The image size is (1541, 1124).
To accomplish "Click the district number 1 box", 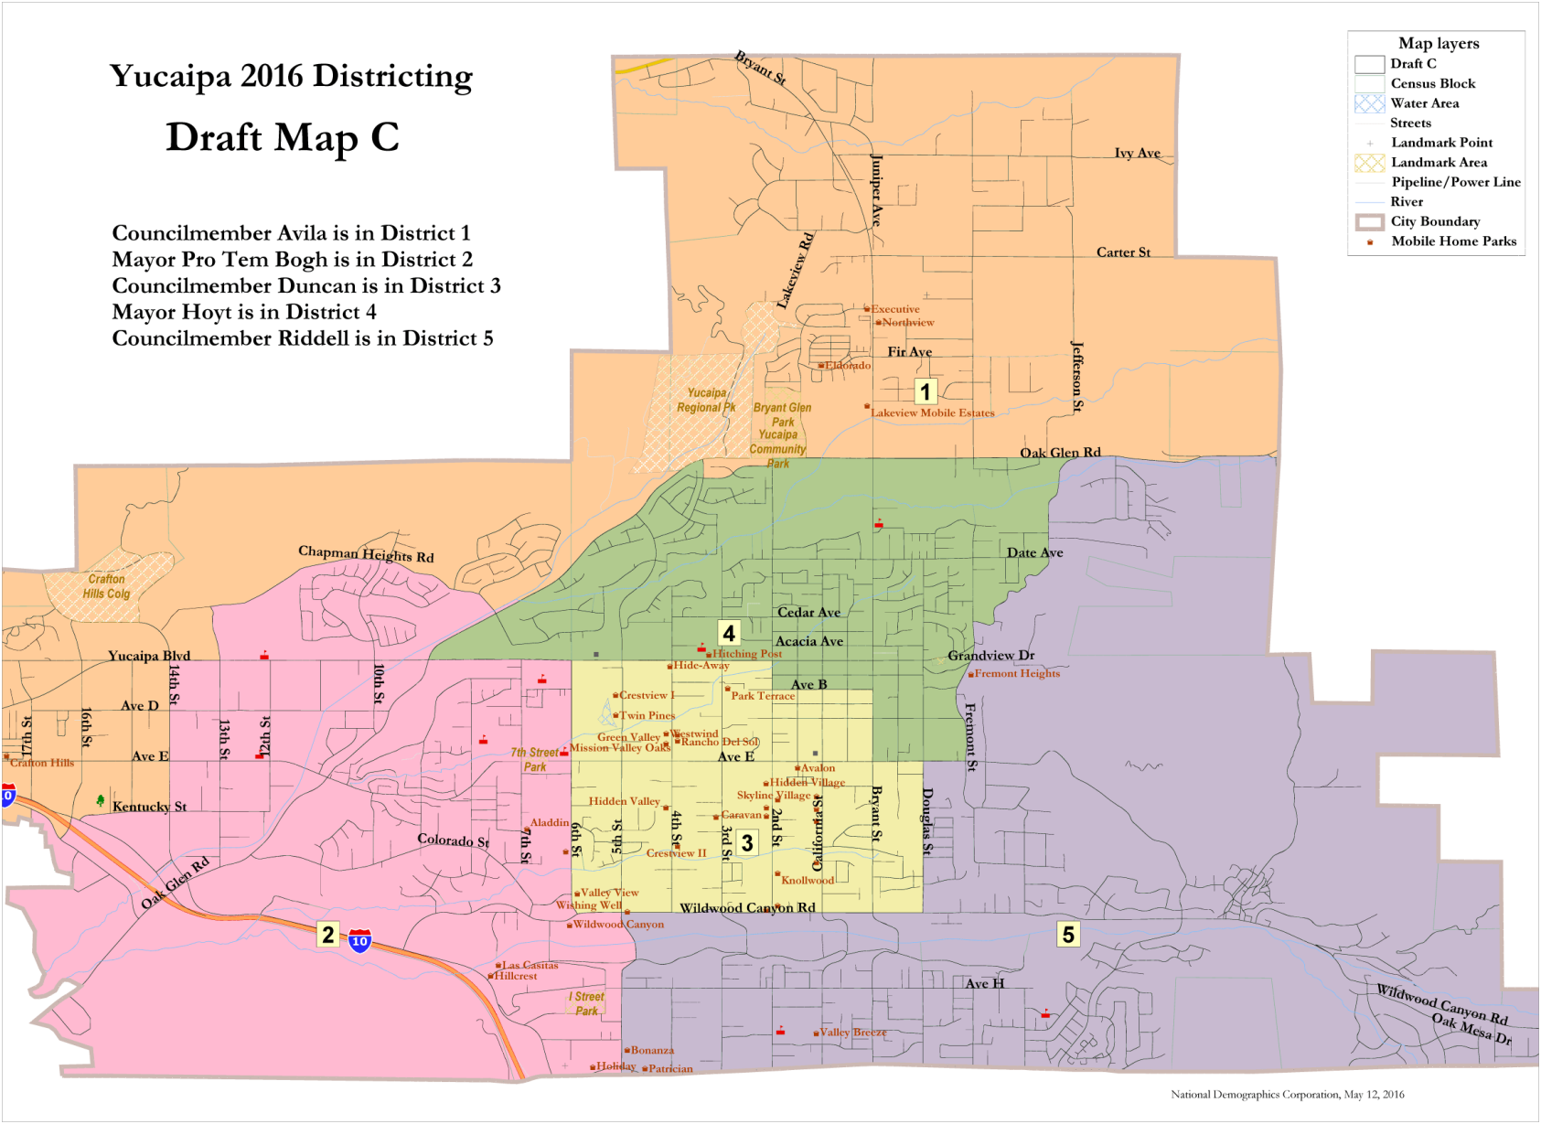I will click(x=926, y=392).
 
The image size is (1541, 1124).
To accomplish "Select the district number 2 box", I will click(x=327, y=934).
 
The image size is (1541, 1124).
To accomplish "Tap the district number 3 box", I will click(x=747, y=842).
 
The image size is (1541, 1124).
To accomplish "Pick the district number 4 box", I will click(x=729, y=633).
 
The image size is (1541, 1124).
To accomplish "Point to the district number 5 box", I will click(x=1067, y=934).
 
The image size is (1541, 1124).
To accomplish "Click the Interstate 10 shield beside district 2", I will click(x=360, y=941).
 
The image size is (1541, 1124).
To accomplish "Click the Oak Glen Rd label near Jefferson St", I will click(x=1060, y=453).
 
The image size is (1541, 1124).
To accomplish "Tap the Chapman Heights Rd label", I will click(x=366, y=554).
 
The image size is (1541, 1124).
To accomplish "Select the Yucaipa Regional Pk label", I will click(x=706, y=401).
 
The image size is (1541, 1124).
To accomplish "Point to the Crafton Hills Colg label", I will click(x=107, y=586).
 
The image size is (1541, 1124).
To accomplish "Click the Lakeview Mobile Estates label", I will click(x=932, y=412).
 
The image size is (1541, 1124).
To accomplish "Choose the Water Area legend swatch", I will click(x=1369, y=103).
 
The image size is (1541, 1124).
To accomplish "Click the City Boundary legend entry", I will click(x=1434, y=221).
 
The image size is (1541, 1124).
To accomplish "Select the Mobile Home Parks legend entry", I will click(x=1452, y=241).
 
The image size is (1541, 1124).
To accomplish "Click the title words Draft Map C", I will click(x=283, y=137).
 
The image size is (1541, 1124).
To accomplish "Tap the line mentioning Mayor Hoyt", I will click(x=244, y=312).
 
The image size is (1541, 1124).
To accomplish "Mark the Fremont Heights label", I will click(x=1017, y=673).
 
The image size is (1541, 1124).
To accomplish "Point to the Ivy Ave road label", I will click(x=1137, y=153).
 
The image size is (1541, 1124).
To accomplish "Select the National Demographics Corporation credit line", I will click(x=1287, y=1094).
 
